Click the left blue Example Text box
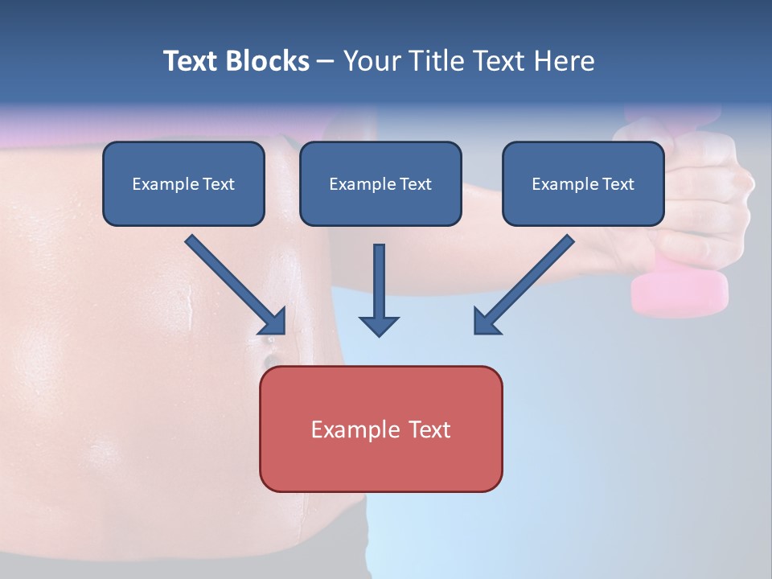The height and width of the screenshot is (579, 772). tap(183, 183)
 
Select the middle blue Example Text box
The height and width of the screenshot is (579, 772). tap(380, 183)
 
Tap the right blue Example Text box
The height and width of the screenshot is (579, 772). tap(583, 183)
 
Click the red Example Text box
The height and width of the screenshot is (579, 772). tap(380, 429)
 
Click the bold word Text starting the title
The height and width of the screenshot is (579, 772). tap(191, 61)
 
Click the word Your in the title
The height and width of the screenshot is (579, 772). tap(371, 61)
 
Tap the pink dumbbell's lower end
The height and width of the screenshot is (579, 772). tap(680, 294)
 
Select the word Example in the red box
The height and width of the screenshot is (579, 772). tap(350, 429)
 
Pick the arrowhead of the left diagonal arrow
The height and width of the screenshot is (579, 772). tap(273, 322)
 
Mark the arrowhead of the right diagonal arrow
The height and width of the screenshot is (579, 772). tap(486, 322)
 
